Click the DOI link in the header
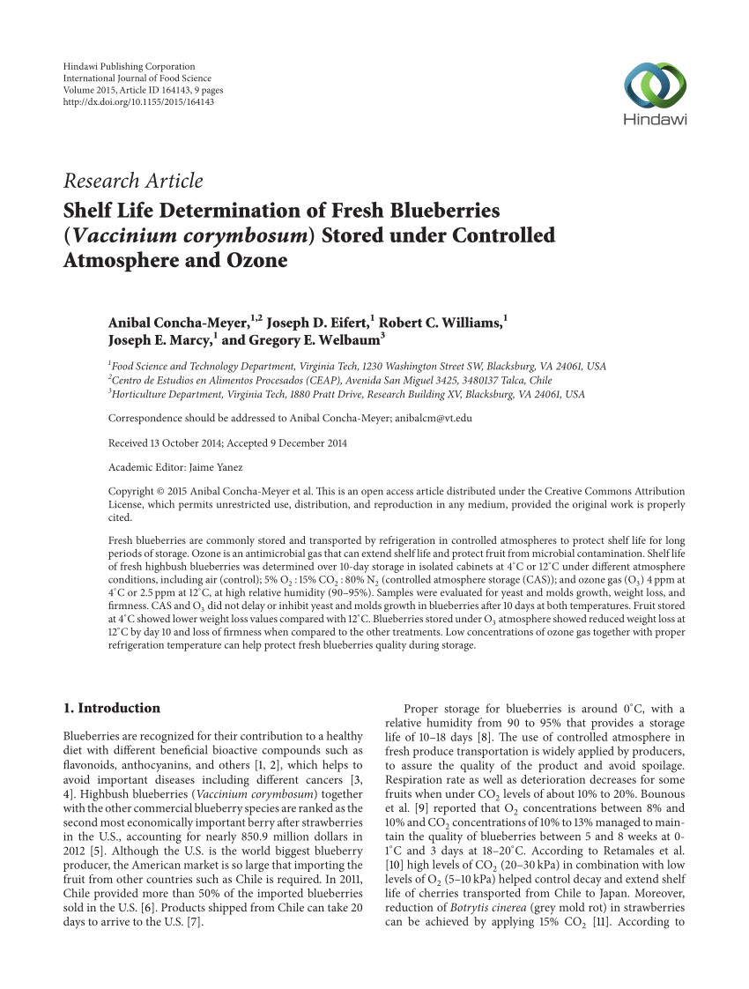pyautogui.click(x=140, y=102)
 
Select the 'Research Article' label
pyautogui.click(x=133, y=182)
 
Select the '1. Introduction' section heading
pyautogui.click(x=113, y=708)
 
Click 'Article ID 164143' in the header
pyautogui.click(x=140, y=91)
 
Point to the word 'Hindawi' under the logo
pyautogui.click(x=655, y=121)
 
